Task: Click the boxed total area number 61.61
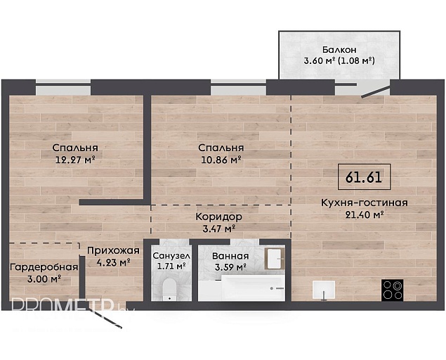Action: [x=364, y=177]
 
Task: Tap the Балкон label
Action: [x=339, y=49]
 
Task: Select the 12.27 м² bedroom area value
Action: [x=75, y=160]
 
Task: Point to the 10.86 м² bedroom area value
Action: [x=221, y=160]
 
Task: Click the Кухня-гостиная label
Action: [x=365, y=202]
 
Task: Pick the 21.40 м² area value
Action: [x=365, y=214]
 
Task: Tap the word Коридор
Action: [x=218, y=217]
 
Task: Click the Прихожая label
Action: [x=113, y=250]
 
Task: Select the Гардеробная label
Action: [x=44, y=267]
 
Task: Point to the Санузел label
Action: [x=171, y=256]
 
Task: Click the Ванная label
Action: [x=230, y=256]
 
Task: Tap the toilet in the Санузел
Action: [x=169, y=289]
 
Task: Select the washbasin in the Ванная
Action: [x=275, y=259]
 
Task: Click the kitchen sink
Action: [x=324, y=290]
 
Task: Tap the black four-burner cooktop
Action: [x=392, y=290]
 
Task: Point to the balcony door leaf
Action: [x=376, y=91]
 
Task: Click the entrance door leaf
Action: [x=107, y=319]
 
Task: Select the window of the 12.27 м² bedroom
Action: [x=63, y=88]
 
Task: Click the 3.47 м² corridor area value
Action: [x=218, y=229]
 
